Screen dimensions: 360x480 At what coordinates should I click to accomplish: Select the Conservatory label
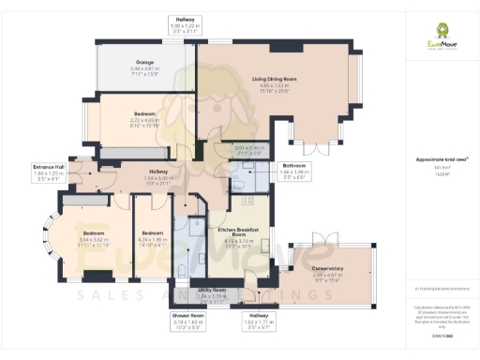(x=327, y=272)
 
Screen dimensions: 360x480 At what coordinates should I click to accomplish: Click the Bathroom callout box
(x=292, y=170)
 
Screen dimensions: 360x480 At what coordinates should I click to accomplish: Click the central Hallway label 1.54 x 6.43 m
(x=157, y=175)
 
